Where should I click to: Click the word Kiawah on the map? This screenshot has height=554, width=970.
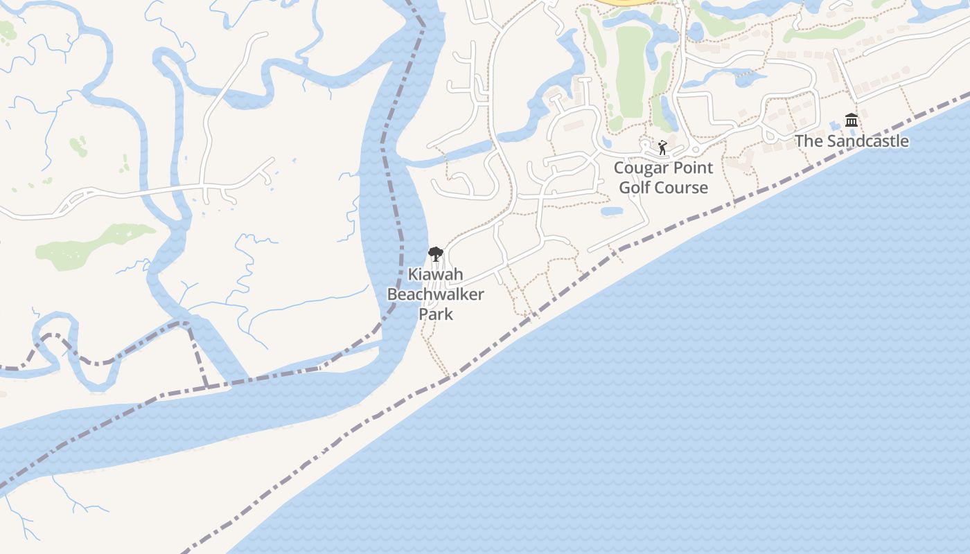[x=435, y=274]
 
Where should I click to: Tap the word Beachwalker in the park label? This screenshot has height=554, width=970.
[x=435, y=294]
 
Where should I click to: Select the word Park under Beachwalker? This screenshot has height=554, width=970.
[x=436, y=314]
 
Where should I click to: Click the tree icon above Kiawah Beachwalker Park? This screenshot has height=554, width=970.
[x=435, y=254]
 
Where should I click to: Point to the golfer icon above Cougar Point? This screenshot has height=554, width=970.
[x=662, y=148]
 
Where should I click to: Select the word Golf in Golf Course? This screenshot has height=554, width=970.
[x=634, y=188]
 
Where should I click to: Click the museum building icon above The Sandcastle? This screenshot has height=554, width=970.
[x=852, y=120]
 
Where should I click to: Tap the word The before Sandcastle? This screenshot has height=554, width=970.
[x=808, y=141]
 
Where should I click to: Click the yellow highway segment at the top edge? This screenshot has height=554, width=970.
[x=627, y=3]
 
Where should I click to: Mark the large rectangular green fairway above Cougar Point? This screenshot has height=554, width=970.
[x=631, y=69]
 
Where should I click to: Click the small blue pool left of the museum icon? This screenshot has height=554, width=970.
[x=834, y=125]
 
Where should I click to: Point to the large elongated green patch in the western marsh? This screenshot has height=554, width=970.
[x=94, y=246]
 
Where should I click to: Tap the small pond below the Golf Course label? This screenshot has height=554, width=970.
[x=612, y=211]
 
